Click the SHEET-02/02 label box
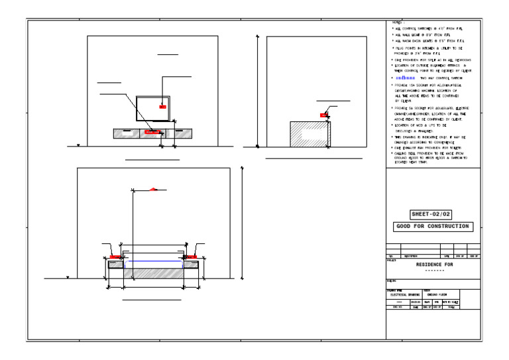431,214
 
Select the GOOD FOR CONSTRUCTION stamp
432,226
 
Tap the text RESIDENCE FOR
434,265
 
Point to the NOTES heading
398,23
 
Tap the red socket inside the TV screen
162,105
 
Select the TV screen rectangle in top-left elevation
152,109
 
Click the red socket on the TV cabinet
152,132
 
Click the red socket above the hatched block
323,115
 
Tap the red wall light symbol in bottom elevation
154,189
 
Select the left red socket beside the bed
114,256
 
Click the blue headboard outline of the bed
153,263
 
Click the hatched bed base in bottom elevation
153,272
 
